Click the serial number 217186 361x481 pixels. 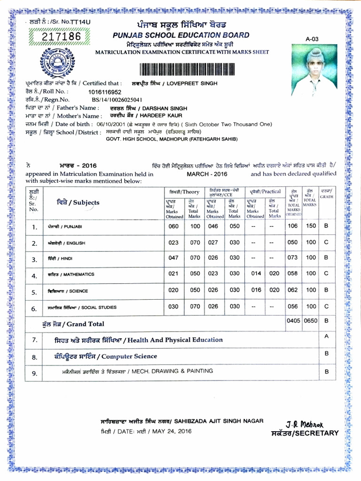[x=62, y=37]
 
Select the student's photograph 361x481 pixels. [x=314, y=70]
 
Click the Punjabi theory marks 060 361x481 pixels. [x=173, y=226]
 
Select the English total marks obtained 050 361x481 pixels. [x=292, y=242]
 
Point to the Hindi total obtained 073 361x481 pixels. [x=292, y=258]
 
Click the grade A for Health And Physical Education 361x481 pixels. [x=326, y=337]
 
